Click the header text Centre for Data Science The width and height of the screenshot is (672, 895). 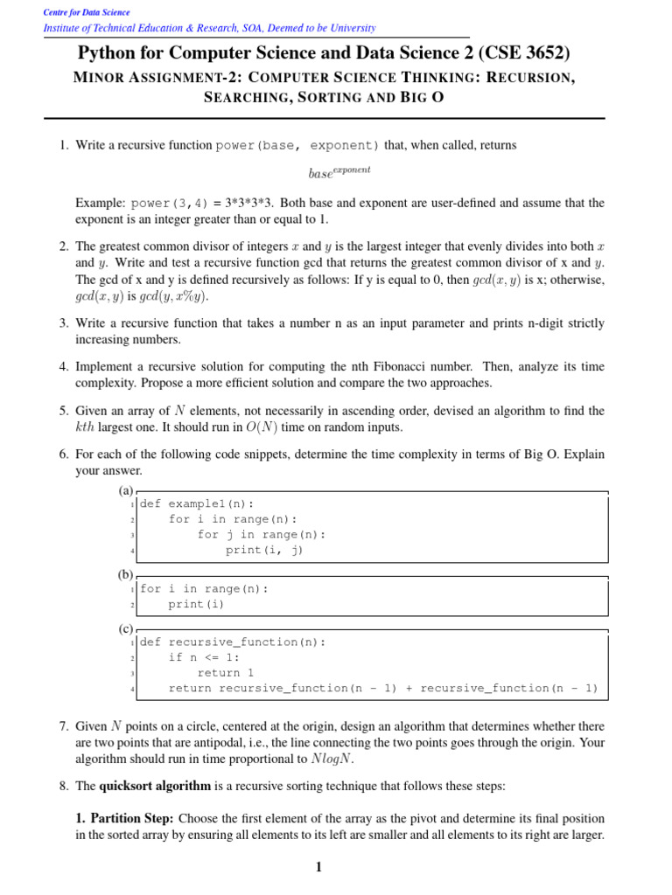pos(86,12)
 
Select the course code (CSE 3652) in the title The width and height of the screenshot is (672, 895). pos(525,54)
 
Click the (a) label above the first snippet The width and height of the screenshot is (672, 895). pos(126,492)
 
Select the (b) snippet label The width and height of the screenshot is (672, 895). pos(126,574)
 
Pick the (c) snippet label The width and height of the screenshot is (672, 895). pos(126,628)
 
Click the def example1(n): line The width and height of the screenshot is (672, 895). pos(197,503)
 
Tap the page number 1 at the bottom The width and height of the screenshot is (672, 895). pos(318,867)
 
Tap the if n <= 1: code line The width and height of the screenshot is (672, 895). pos(204,657)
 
